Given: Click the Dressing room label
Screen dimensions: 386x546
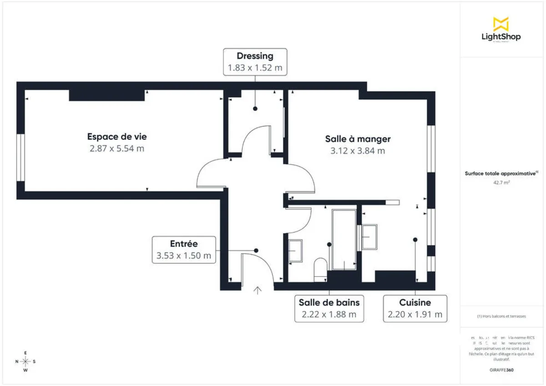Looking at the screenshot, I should pos(255,56).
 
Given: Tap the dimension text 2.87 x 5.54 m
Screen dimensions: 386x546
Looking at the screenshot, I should pos(117,148).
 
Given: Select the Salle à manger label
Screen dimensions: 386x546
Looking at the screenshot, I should pos(358,139).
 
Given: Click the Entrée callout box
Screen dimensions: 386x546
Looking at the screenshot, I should pos(184,249).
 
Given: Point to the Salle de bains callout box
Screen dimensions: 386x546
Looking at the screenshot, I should pos(329,308).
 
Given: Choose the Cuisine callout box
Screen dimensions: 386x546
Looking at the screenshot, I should pos(415,308).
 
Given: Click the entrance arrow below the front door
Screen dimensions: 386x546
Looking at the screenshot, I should pos(258,290).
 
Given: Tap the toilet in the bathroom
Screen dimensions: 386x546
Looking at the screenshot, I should pos(320,269).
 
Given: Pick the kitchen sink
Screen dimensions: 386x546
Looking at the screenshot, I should pos(369,237).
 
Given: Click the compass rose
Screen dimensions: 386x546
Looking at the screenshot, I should pos(26,361).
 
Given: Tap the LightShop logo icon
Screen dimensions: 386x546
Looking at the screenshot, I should pos(500,24).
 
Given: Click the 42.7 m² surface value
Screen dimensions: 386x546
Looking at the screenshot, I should pos(500,182).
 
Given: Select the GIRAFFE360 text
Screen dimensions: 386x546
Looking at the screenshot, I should pos(501,370).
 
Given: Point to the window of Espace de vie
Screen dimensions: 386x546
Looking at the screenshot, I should pos(20,157).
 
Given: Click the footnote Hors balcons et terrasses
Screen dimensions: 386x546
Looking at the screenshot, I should pos(500,316).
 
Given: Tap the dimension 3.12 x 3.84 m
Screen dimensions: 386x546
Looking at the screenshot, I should pos(358,151).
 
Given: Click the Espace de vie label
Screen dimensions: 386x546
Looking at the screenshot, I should pos(117,137).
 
